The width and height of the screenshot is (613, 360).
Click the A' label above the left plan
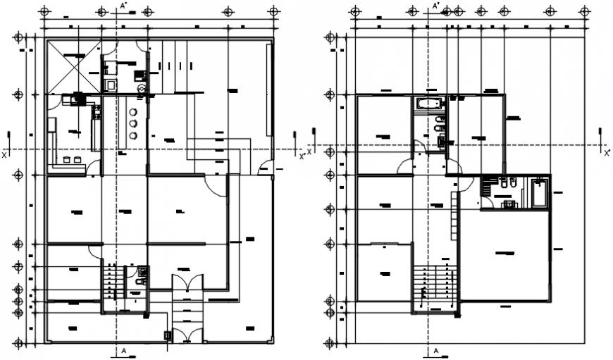[x=123, y=6]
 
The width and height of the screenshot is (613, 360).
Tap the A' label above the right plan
[x=436, y=6]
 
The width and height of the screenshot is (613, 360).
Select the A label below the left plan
[x=123, y=351]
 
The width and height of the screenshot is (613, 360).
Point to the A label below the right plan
[x=436, y=351]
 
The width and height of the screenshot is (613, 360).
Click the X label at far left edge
[x=4, y=154]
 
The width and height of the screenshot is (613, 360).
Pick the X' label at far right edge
[x=607, y=152]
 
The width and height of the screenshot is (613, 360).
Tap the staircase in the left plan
[x=112, y=285]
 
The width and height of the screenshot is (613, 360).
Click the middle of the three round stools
[x=132, y=124]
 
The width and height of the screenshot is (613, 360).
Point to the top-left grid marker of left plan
[x=45, y=11]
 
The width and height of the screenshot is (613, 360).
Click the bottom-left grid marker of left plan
[x=20, y=343]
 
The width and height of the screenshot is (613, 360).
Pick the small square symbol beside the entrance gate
[x=167, y=336]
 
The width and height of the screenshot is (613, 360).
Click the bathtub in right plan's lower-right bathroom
[x=540, y=193]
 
